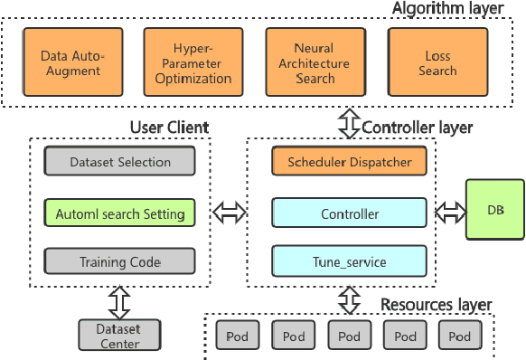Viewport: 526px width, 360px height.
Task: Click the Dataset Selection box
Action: pos(119,163)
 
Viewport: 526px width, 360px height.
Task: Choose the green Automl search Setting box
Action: pos(119,214)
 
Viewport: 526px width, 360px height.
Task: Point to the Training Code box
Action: pos(119,262)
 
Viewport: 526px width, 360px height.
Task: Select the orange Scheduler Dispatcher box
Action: pos(349,163)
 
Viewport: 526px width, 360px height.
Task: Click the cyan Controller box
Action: pos(349,214)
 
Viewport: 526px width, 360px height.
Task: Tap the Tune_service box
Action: pos(349,262)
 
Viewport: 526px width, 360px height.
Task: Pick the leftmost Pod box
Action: pos(237,336)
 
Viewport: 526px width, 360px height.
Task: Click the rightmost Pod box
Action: pos(460,336)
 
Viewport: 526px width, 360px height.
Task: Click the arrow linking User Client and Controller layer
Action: pos(230,214)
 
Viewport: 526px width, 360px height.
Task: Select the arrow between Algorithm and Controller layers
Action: pos(350,124)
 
